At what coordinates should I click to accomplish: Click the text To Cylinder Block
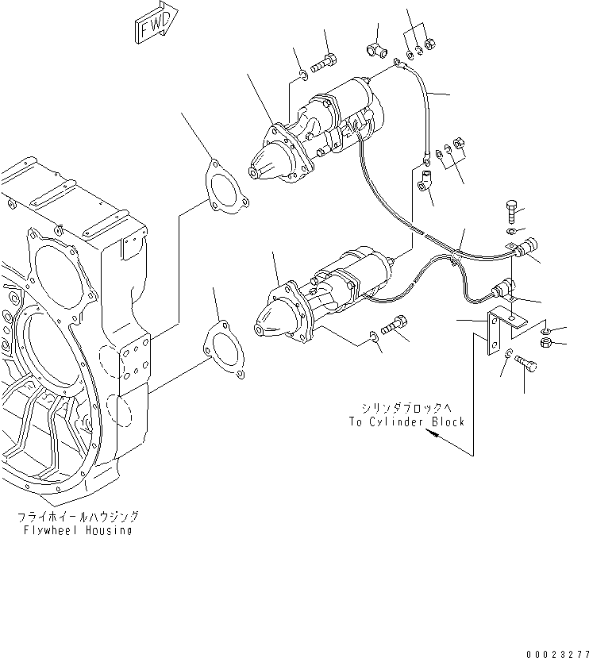406,421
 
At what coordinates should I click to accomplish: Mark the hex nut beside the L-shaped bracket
545,342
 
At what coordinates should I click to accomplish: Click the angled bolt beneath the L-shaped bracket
525,364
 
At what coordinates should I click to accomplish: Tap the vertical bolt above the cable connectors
511,212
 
